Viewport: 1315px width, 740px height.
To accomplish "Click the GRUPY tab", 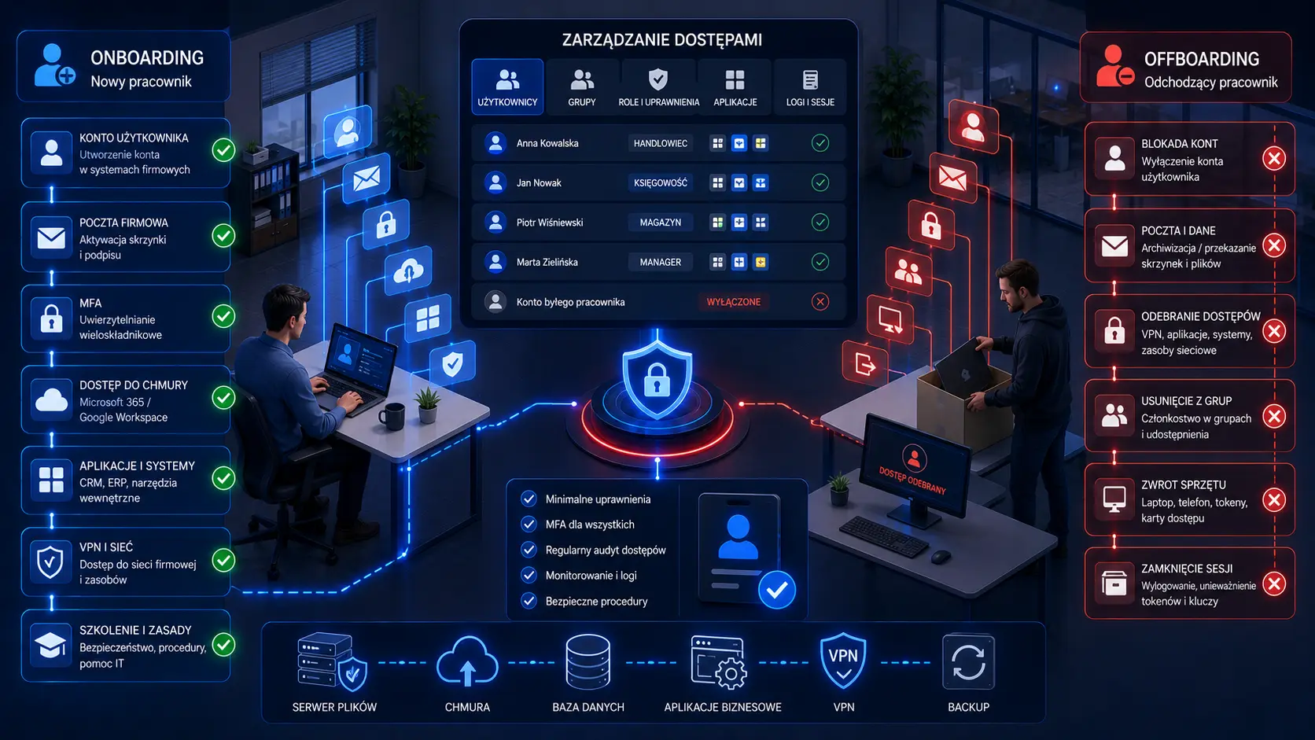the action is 582,87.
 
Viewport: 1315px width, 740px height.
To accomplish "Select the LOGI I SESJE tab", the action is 810,87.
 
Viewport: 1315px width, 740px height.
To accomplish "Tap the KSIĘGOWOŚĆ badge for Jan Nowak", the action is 661,183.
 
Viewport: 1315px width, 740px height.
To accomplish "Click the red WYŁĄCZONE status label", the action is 733,302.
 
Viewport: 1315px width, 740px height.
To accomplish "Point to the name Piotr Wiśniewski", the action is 550,223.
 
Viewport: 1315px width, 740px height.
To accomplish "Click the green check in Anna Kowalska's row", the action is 820,143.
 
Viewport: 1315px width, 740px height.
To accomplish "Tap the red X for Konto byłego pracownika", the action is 820,302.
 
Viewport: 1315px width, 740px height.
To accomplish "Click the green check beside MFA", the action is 223,317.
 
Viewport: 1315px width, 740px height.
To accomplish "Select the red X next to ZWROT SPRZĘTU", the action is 1274,501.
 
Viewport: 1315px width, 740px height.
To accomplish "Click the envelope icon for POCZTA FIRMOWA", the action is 51,237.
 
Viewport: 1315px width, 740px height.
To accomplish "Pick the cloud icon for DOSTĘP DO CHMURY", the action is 51,400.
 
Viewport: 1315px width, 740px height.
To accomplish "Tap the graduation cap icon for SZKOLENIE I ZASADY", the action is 51,646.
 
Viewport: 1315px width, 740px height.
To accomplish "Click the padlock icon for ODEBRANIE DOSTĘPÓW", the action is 1114,331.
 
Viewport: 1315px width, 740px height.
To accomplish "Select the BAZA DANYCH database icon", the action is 588,662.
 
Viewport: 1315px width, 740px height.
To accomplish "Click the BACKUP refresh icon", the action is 969,662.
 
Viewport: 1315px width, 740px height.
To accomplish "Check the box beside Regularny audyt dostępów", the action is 529,550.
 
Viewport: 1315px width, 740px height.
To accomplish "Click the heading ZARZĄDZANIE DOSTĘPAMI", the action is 661,40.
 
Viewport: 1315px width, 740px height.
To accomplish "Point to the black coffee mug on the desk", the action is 392,416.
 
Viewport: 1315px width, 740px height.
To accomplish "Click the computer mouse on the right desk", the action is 941,556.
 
